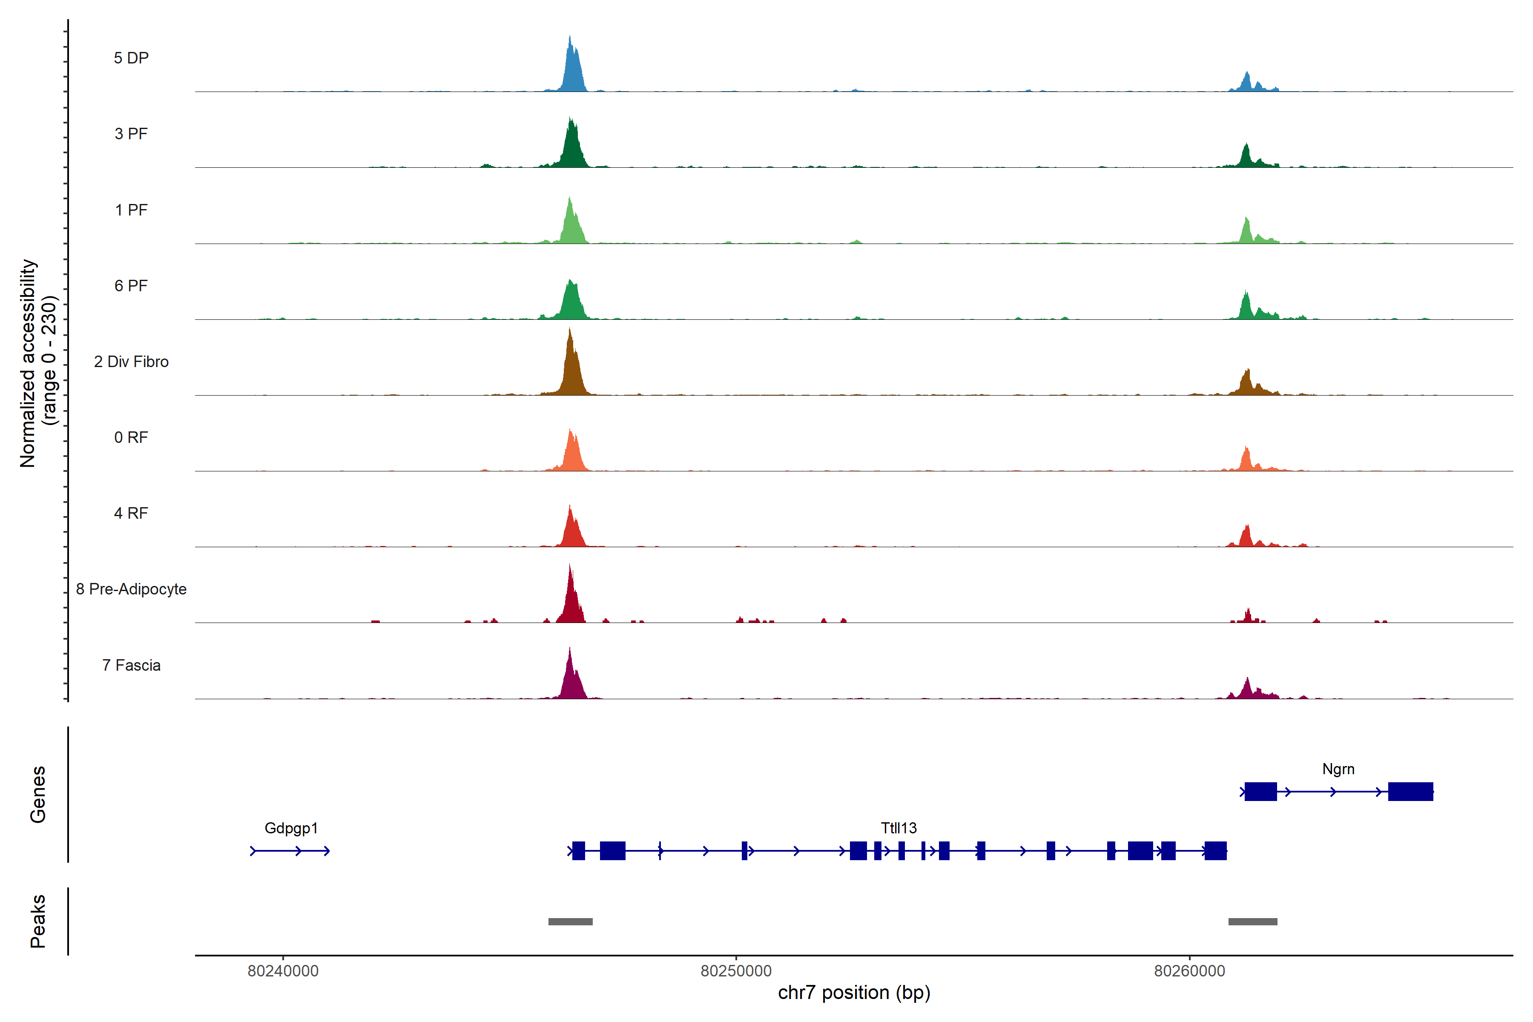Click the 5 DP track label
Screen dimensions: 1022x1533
[131, 58]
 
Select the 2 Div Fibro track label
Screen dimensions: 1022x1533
[131, 362]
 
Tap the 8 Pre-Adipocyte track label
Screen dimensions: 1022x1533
[131, 589]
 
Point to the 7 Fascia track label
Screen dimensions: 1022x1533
[131, 666]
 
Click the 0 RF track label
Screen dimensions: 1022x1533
[131, 437]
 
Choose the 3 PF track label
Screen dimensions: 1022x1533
[131, 134]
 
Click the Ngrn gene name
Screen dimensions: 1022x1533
[1338, 769]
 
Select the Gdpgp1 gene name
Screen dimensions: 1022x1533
[291, 828]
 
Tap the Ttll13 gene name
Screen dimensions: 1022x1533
[899, 828]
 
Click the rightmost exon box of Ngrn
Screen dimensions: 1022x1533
[1410, 791]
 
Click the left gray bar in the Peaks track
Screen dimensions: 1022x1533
[570, 922]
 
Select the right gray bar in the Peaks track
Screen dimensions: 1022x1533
[1253, 922]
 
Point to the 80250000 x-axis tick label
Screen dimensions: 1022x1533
[736, 971]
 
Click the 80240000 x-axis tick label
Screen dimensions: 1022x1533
[283, 971]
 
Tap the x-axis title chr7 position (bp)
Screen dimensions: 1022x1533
[854, 993]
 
